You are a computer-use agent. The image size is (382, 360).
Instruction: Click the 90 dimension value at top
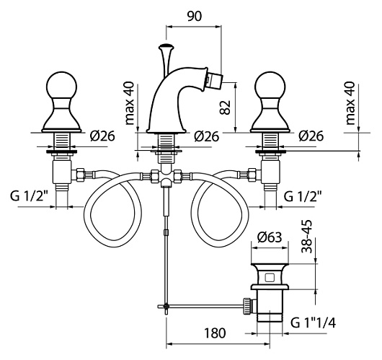tap(195, 16)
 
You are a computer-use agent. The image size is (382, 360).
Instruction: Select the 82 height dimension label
tap(225, 107)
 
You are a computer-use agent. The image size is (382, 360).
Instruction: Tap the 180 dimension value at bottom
tap(215, 333)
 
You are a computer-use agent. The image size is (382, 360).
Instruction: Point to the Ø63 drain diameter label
tap(270, 237)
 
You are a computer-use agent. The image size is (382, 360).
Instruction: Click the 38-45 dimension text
tap(306, 237)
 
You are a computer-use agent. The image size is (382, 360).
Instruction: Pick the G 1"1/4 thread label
tap(314, 323)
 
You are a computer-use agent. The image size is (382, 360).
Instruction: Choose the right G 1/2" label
tap(303, 196)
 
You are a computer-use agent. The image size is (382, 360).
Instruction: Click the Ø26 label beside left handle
tap(102, 136)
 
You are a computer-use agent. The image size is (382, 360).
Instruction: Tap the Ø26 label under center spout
tap(207, 136)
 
